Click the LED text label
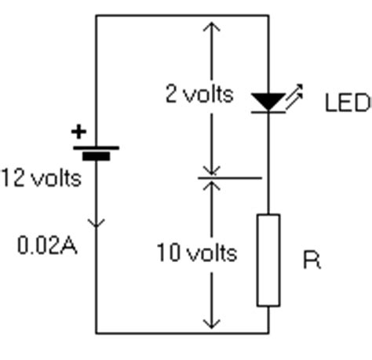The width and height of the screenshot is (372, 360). click(348, 103)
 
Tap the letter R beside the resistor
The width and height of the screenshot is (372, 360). click(312, 260)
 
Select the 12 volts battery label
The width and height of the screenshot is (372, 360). click(42, 178)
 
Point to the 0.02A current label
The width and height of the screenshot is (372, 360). click(47, 245)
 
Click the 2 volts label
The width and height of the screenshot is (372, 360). click(199, 93)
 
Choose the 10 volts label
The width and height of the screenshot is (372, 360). click(197, 253)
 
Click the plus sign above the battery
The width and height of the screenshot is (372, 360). click(78, 132)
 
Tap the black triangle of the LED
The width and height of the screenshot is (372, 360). click(268, 101)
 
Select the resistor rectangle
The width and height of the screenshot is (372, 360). click(268, 260)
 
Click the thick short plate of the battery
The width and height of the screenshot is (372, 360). click(97, 156)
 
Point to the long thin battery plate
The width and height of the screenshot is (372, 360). click(96, 148)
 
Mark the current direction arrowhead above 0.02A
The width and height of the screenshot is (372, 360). click(97, 223)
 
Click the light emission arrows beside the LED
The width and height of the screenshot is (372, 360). click(294, 96)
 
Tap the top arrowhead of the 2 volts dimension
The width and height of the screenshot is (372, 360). click(212, 27)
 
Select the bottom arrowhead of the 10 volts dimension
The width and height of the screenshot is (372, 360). click(212, 324)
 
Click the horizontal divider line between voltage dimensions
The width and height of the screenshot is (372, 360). click(230, 178)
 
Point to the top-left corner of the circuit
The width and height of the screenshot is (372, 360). click(96, 16)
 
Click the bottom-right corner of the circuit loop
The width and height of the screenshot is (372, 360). click(268, 333)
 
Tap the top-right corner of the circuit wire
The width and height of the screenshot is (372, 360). click(268, 16)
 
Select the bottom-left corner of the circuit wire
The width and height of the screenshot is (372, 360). click(96, 333)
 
